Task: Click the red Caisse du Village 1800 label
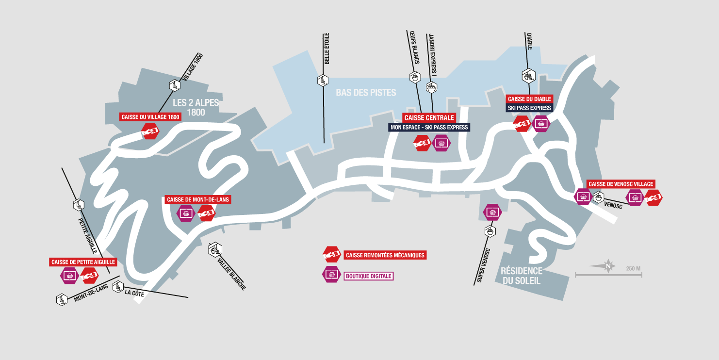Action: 150,117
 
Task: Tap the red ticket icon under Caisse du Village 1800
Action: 150,131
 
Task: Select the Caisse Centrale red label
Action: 429,118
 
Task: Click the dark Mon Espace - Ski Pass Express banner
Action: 429,128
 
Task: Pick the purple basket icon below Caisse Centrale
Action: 441,143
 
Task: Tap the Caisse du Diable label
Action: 529,99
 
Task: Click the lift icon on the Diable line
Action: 529,76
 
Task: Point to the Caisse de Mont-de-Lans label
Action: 198,199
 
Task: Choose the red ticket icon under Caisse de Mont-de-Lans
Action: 206,213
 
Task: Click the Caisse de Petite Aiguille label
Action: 83,262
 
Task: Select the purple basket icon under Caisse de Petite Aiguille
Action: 70,276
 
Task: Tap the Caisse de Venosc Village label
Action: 621,184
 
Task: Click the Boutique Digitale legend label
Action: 369,276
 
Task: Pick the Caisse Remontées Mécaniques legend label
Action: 385,255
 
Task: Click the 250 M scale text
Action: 633,269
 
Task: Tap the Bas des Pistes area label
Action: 366,93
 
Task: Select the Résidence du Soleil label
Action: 522,276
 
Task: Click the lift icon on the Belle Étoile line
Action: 323,80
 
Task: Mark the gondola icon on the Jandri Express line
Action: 432,87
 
